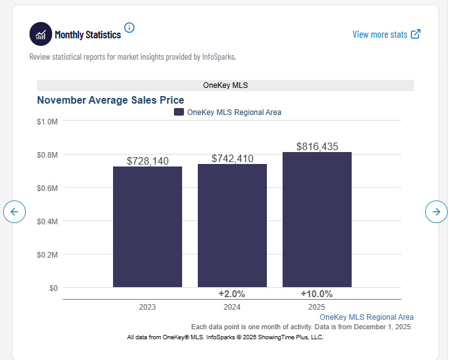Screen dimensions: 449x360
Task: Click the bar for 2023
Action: pyautogui.click(x=148, y=227)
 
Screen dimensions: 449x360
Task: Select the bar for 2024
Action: pyautogui.click(x=232, y=226)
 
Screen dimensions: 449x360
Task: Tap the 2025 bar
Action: pyautogui.click(x=317, y=219)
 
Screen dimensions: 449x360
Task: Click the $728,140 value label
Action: pyautogui.click(x=148, y=161)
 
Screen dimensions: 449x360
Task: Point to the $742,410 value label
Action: pyautogui.click(x=232, y=158)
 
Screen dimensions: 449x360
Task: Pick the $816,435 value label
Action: pyautogui.click(x=317, y=146)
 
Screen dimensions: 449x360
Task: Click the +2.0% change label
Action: pyautogui.click(x=232, y=294)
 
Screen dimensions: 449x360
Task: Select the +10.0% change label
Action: pyautogui.click(x=316, y=294)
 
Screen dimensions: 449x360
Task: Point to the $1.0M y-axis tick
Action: pyautogui.click(x=47, y=122)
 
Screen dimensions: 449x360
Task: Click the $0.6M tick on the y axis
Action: pyautogui.click(x=47, y=188)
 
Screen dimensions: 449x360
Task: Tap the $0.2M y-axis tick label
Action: pyautogui.click(x=47, y=254)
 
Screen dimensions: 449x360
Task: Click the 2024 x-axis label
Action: pyautogui.click(x=232, y=307)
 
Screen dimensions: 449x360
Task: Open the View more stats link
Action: pyautogui.click(x=387, y=35)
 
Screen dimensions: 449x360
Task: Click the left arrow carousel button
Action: pyautogui.click(x=14, y=212)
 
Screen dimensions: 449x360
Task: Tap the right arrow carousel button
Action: pyautogui.click(x=436, y=212)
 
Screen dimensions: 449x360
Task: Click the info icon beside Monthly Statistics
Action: pyautogui.click(x=129, y=28)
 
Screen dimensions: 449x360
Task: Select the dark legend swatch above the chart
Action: pyautogui.click(x=179, y=112)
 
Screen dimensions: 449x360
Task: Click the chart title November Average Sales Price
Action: pyautogui.click(x=111, y=100)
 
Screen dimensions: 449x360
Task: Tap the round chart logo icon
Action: pyautogui.click(x=41, y=34)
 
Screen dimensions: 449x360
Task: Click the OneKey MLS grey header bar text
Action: pyautogui.click(x=225, y=85)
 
